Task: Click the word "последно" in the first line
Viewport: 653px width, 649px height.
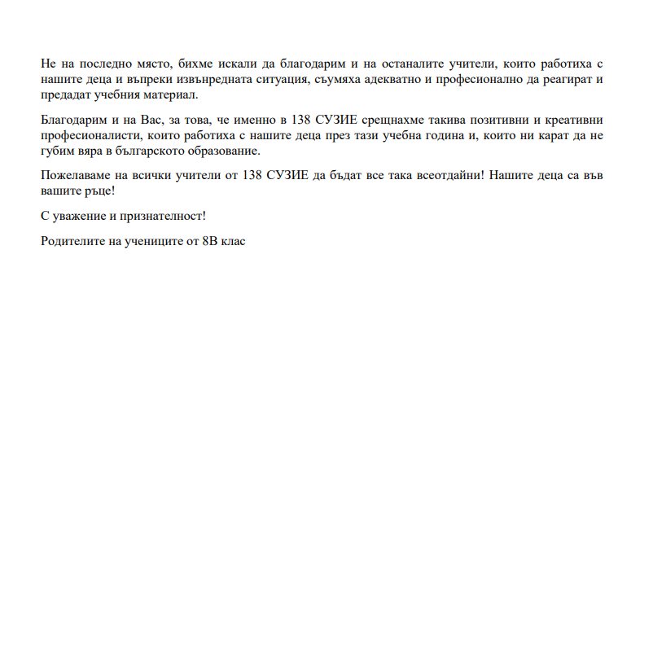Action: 102,63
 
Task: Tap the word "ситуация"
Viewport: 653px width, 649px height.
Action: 274,79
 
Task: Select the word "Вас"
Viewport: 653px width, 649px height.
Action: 153,119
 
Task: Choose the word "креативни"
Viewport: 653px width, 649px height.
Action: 571,119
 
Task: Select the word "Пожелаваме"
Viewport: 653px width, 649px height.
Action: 76,175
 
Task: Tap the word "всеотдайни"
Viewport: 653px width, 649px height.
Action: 443,175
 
